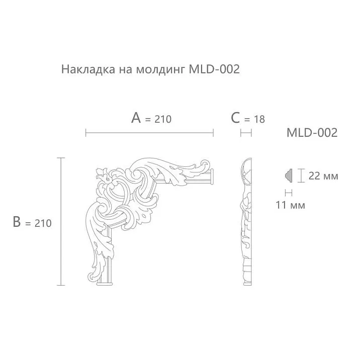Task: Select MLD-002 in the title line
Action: point(214,69)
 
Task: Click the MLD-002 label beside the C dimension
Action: point(311,133)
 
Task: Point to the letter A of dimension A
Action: point(136,118)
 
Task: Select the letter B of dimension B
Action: point(17,222)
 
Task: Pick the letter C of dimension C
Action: point(235,118)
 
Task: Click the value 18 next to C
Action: point(258,119)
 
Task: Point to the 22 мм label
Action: point(323,176)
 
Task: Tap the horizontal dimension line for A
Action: point(149,133)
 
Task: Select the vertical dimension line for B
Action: point(61,221)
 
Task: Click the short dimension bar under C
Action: point(246,133)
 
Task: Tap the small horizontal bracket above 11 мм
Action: point(289,192)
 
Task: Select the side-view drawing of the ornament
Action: point(245,221)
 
